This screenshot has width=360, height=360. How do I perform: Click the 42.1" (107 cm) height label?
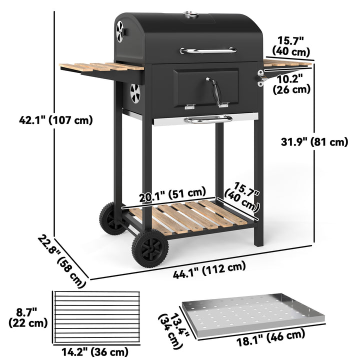[x=56, y=120]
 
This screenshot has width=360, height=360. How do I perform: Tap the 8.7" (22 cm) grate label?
[x=28, y=317]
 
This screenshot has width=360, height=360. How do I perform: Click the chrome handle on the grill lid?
[x=208, y=50]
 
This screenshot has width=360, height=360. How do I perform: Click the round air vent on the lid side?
[x=120, y=32]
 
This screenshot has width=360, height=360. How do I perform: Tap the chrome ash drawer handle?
[x=208, y=119]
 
